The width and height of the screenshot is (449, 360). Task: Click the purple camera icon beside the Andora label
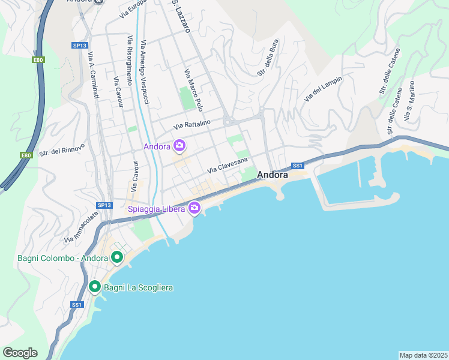[x=179, y=145]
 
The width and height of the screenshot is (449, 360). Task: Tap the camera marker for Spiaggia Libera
[x=194, y=208]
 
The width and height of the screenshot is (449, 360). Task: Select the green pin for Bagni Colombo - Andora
[x=116, y=258]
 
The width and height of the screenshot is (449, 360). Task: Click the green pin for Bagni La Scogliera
[x=95, y=287]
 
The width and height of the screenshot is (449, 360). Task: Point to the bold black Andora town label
[x=273, y=175]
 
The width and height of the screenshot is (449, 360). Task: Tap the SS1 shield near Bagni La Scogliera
[x=76, y=304]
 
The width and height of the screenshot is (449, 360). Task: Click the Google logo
[x=20, y=353]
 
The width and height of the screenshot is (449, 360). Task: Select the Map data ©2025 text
[x=423, y=355]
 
